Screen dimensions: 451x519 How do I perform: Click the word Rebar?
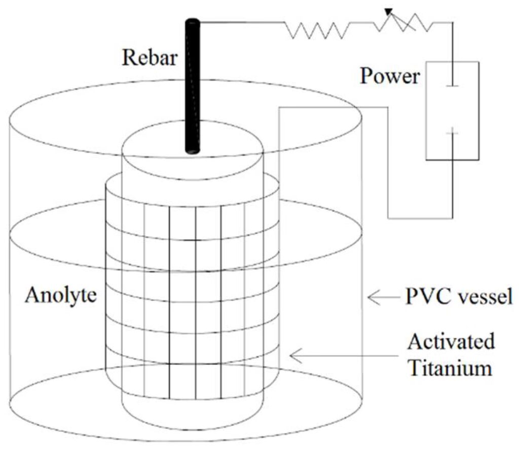[x=150, y=58]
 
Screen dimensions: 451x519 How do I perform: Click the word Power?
[x=390, y=76]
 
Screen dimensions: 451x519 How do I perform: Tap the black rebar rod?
[x=193, y=86]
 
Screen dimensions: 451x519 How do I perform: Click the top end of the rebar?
[x=193, y=22]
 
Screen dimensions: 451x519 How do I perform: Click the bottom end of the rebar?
[x=192, y=150]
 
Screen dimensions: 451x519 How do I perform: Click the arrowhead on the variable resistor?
[x=388, y=12]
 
